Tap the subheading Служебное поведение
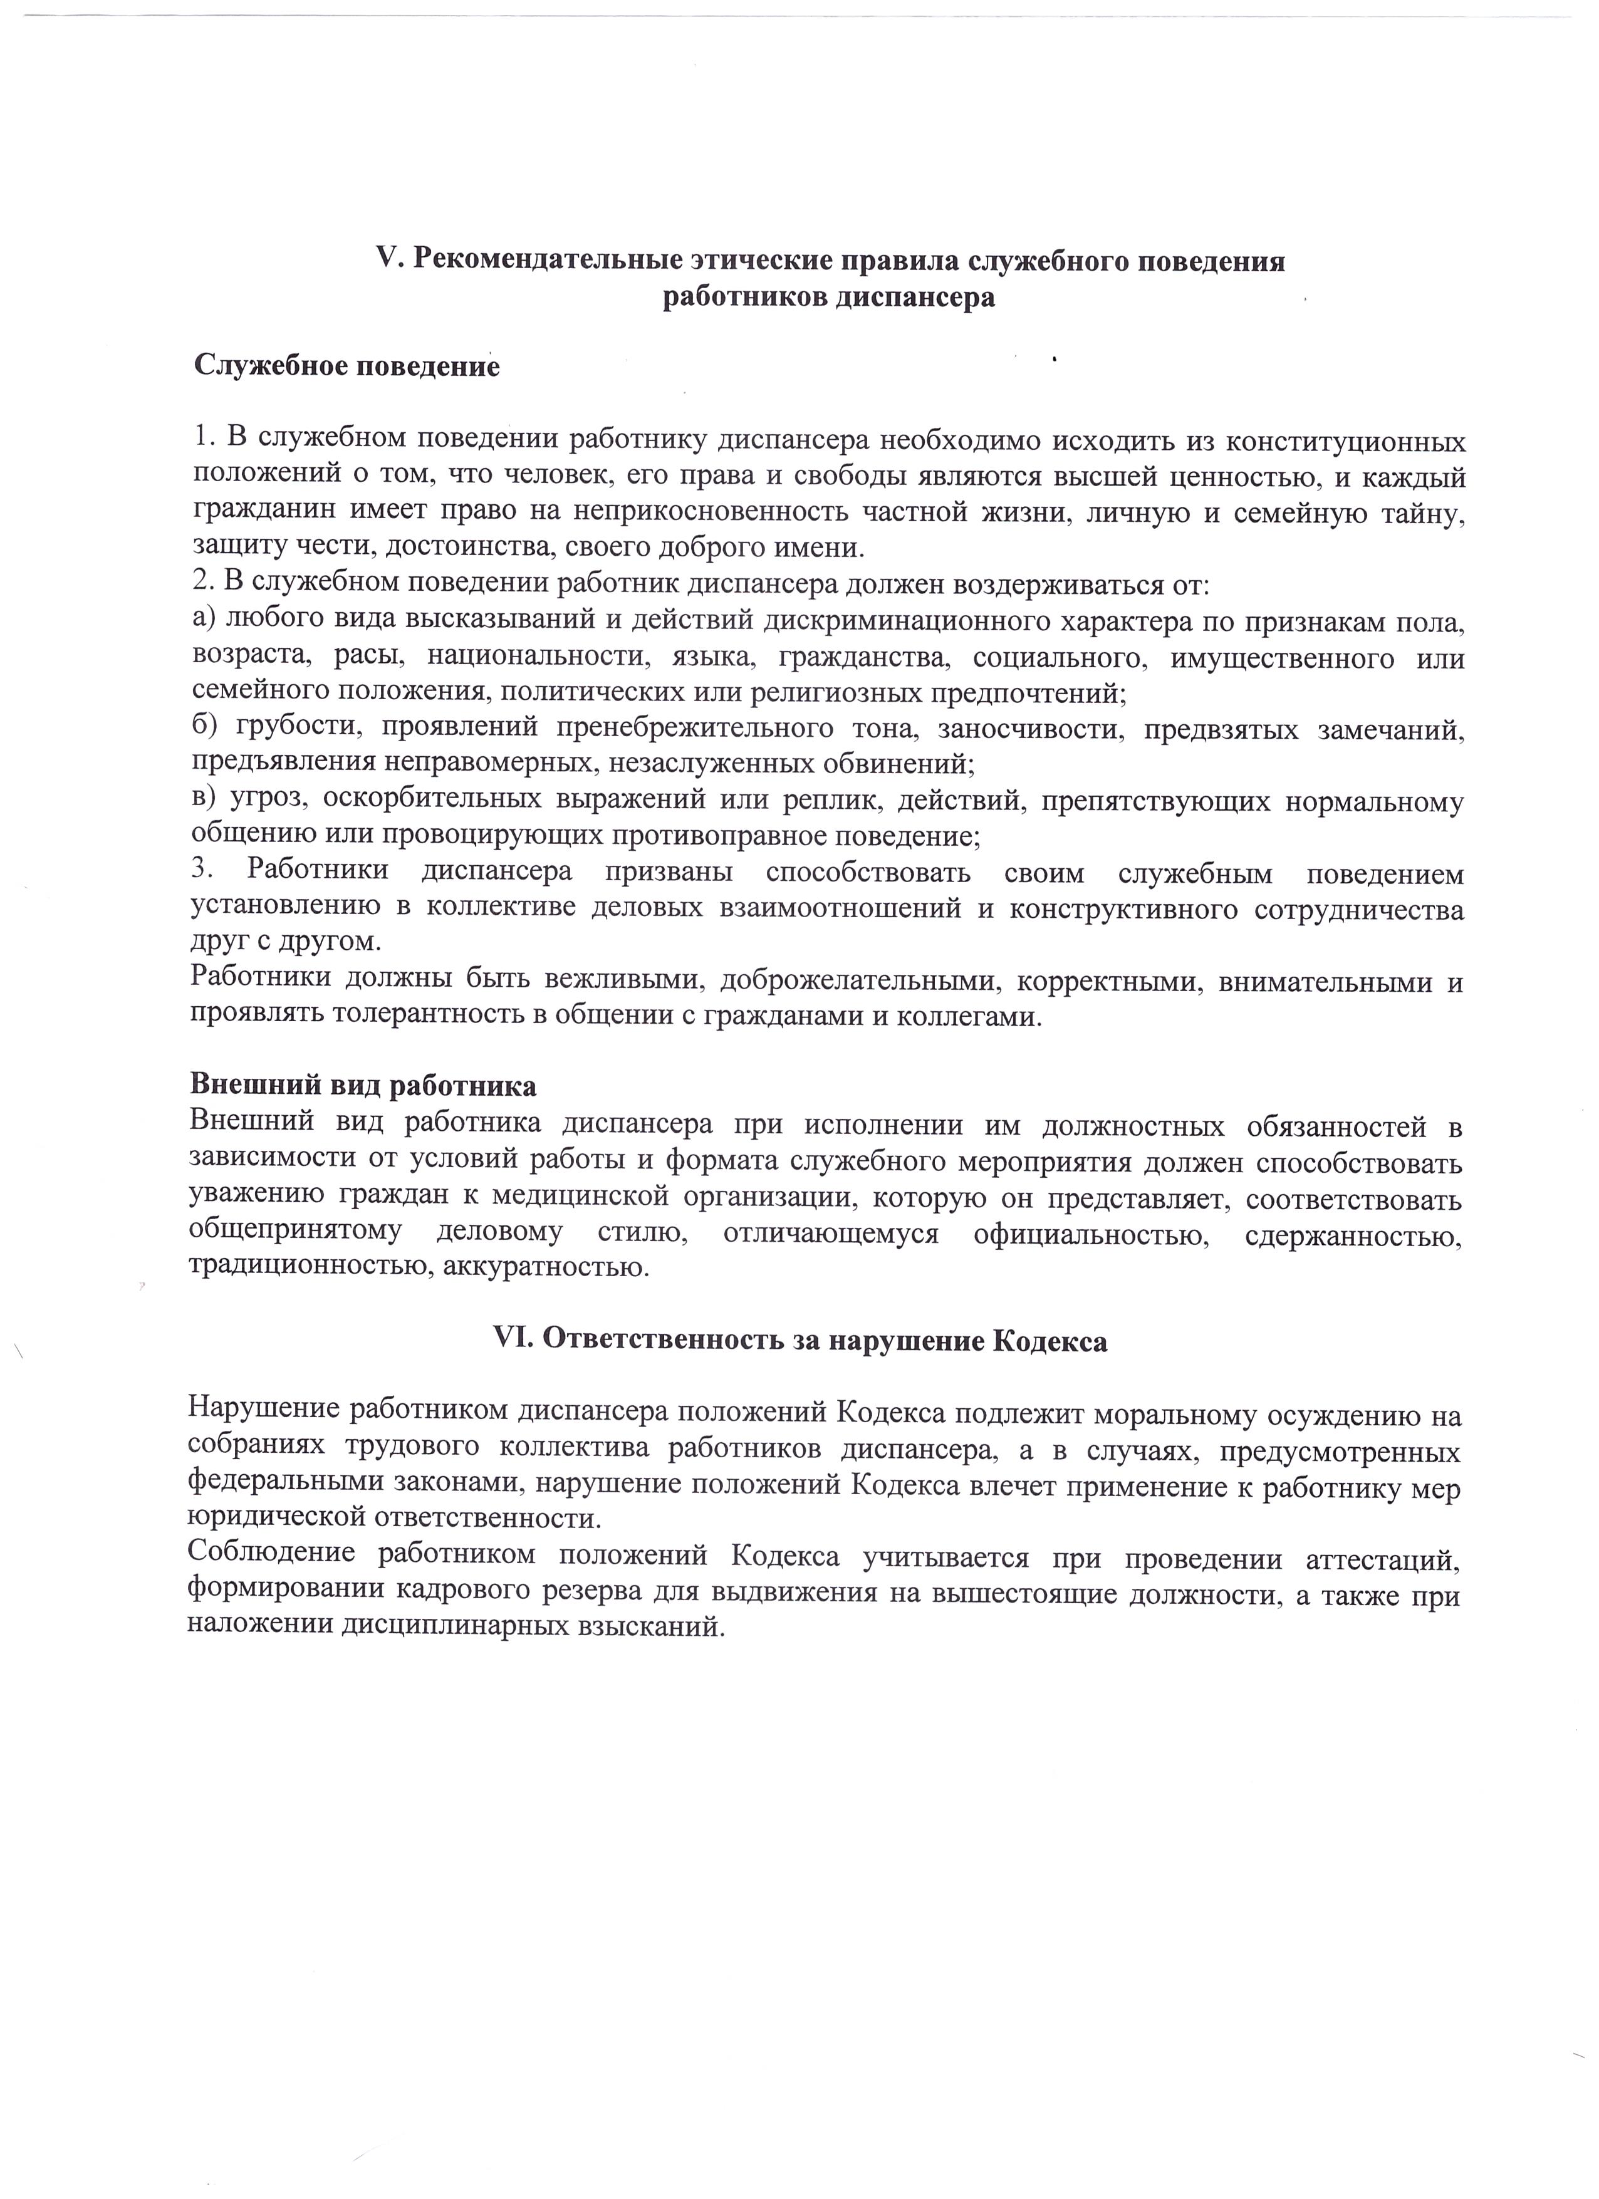[347, 366]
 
